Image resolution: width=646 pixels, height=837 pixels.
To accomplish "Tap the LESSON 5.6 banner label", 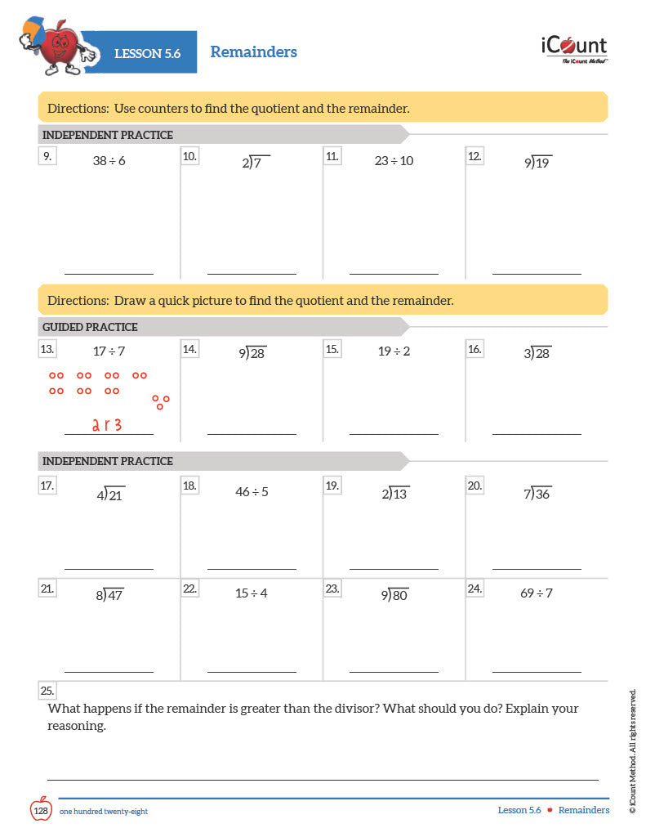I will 147,54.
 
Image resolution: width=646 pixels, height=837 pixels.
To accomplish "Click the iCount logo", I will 574,48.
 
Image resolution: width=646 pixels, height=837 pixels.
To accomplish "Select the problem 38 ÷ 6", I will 109,161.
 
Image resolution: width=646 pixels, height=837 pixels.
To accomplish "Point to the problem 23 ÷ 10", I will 394,161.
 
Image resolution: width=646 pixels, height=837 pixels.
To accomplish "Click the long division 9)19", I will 538,162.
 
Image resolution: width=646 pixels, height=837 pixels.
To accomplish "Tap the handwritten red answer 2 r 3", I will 106,424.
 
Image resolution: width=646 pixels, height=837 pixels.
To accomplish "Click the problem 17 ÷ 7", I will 109,351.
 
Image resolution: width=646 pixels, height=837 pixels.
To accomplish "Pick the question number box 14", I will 189,349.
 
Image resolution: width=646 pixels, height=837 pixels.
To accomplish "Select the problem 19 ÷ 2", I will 394,351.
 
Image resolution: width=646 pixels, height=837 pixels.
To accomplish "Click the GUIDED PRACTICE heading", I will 90,327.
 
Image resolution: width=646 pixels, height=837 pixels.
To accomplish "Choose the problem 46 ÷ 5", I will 252,492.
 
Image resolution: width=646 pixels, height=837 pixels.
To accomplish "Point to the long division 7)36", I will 538,494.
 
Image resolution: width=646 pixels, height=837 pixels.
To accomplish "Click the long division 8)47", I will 109,595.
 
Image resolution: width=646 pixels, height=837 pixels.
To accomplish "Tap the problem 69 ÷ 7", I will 537,593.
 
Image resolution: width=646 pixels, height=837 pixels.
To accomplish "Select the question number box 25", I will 47,691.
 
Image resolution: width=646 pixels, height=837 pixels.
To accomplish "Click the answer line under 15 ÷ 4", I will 252,672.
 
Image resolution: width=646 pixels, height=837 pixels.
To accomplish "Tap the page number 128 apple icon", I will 41,810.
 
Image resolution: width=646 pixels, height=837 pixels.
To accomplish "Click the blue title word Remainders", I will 253,52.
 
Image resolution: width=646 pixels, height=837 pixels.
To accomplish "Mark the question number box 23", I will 332,588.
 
